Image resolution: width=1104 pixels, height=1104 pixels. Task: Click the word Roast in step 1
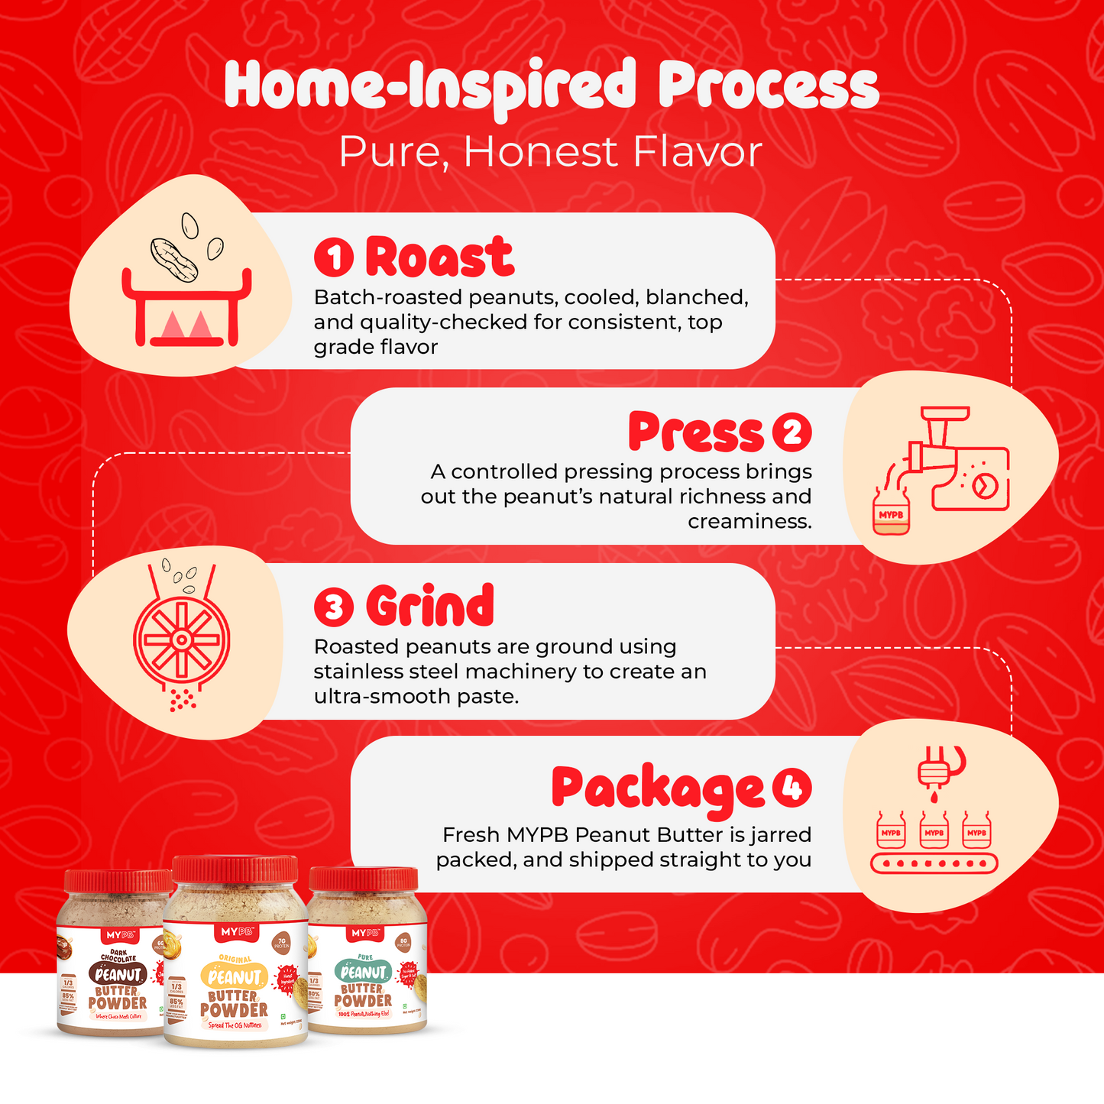[x=439, y=257]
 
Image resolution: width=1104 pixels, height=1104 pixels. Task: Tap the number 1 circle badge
[x=334, y=257]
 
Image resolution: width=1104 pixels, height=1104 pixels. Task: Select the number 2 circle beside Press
[x=792, y=432]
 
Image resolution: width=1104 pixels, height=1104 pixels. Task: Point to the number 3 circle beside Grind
[x=334, y=607]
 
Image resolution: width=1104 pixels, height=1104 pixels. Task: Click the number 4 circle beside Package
[x=792, y=787]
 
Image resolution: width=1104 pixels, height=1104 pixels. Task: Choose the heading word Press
[x=695, y=432]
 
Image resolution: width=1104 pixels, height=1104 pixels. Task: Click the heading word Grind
[x=429, y=607]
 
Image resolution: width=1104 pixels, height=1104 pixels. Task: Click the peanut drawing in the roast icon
[x=174, y=259]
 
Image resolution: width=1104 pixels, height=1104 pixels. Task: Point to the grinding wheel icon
[x=181, y=639]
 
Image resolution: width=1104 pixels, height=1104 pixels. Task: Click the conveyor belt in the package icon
[x=934, y=864]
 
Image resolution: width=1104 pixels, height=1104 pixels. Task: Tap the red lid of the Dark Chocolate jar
[x=118, y=881]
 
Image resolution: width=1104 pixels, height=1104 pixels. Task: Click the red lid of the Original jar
[x=235, y=869]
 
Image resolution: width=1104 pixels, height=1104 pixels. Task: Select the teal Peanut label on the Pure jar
[x=363, y=972]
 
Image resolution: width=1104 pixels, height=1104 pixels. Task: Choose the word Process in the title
[x=768, y=86]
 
